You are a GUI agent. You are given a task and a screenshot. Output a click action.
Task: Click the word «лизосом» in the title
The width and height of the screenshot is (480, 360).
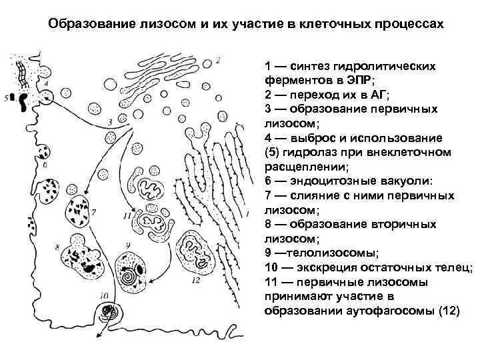(x=171, y=25)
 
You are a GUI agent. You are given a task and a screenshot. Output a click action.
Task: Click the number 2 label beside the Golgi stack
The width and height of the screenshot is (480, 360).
(x=218, y=60)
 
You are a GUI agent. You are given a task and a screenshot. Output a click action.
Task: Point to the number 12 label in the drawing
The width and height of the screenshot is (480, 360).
(x=195, y=281)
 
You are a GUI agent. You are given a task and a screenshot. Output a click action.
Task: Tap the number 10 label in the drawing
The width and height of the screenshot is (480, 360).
(x=103, y=294)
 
